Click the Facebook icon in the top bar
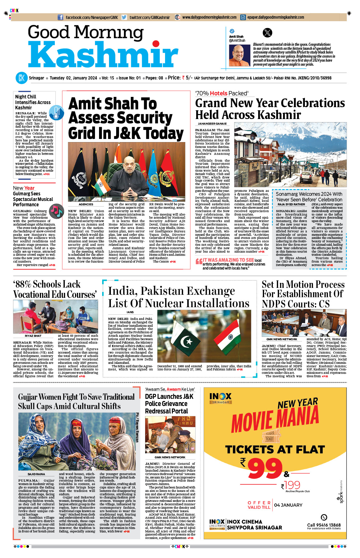pyautogui.click(x=61, y=17)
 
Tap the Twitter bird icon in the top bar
pyautogui.click(x=124, y=17)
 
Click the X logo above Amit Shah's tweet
pyautogui.click(x=267, y=33)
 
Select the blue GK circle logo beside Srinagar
pyautogui.click(x=21, y=78)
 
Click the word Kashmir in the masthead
pyautogui.click(x=103, y=55)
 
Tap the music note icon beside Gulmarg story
pyautogui.click(x=56, y=211)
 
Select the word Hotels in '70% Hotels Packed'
pyautogui.click(x=218, y=93)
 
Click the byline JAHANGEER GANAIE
pyautogui.click(x=212, y=124)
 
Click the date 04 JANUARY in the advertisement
pyautogui.click(x=288, y=505)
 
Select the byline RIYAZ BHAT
pyautogui.click(x=33, y=336)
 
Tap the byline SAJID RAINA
pyautogui.click(x=36, y=474)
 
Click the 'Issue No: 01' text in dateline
pyautogui.click(x=130, y=78)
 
